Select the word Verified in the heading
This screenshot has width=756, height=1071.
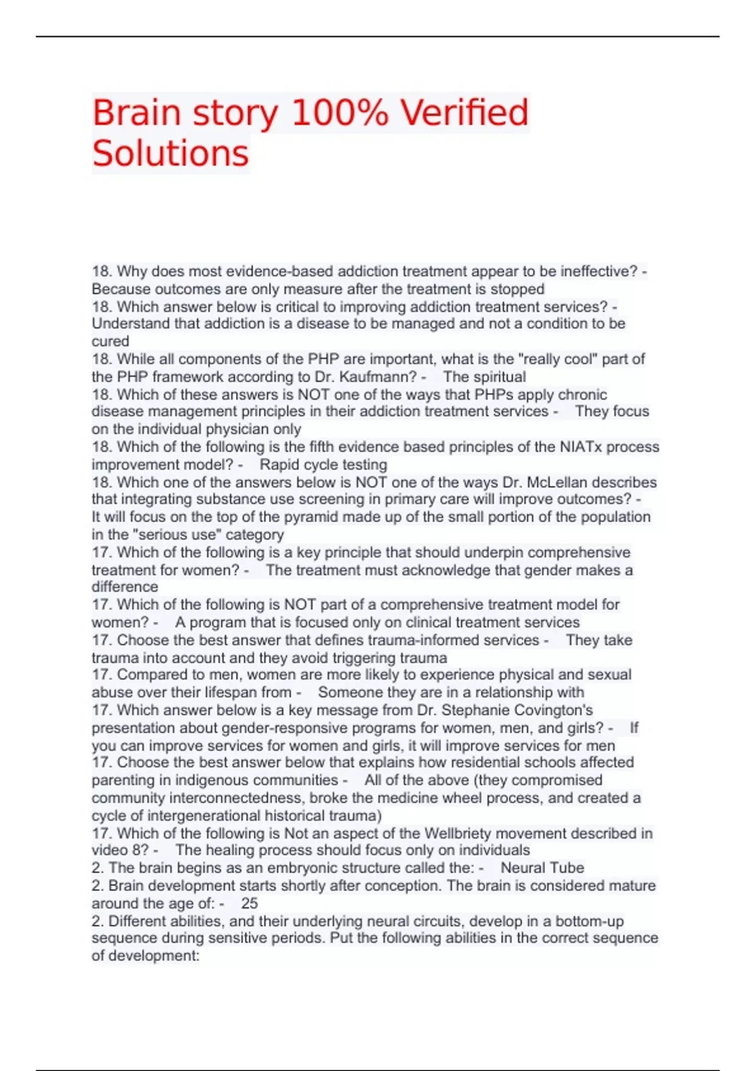point(464,113)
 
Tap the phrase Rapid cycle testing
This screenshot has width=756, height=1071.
point(323,465)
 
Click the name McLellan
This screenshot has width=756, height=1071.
point(555,483)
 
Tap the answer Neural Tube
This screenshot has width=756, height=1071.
point(542,868)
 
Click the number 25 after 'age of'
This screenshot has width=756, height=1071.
point(249,903)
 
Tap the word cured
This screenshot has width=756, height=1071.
point(110,341)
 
